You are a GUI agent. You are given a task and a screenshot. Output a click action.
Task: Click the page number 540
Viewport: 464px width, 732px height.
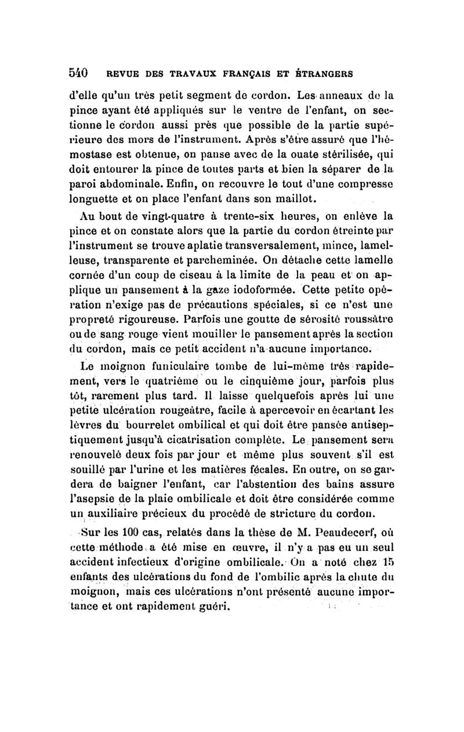78,74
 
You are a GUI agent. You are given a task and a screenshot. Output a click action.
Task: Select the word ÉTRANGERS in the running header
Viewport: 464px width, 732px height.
325,75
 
